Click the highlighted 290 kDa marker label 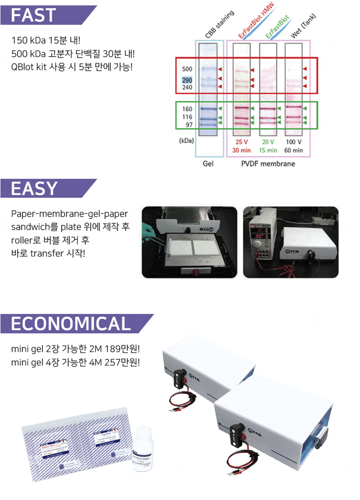coord(187,80)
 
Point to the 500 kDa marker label coord(187,69)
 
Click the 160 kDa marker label coord(187,109)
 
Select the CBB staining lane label coord(219,25)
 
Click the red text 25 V coord(242,142)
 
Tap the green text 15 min coord(267,150)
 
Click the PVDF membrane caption coord(268,164)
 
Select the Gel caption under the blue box coord(208,164)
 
